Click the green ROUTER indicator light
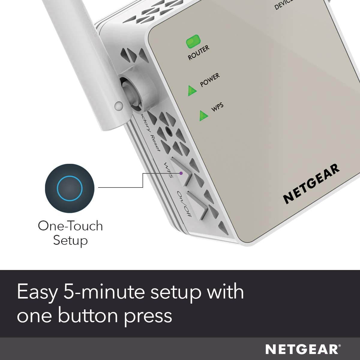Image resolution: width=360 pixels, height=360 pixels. click(x=193, y=42)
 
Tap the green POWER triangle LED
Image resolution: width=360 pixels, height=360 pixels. click(x=191, y=91)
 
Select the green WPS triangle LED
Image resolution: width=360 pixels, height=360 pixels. click(x=204, y=115)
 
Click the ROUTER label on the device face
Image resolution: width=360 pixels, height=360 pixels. click(x=199, y=53)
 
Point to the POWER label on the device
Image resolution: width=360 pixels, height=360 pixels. click(x=210, y=80)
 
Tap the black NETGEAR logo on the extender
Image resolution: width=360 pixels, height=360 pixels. click(x=311, y=183)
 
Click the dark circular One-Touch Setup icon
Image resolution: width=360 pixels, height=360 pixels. click(x=70, y=188)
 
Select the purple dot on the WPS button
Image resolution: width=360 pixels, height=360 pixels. click(x=181, y=173)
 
